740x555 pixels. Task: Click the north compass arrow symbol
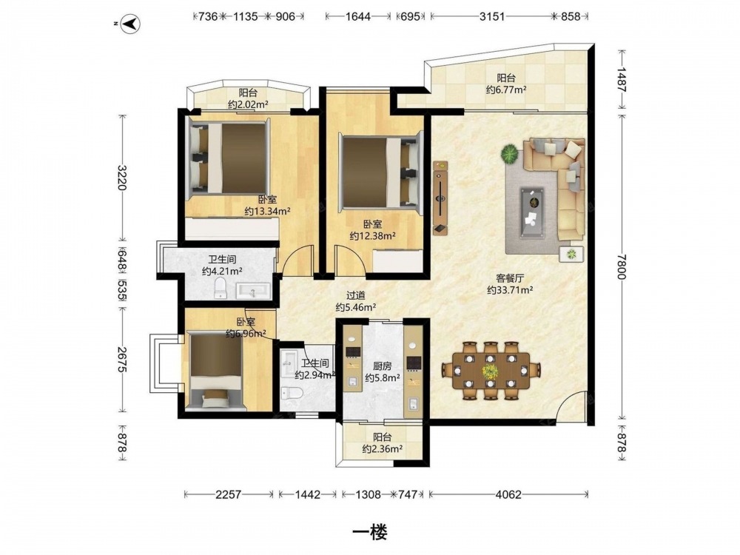pyautogui.click(x=129, y=24)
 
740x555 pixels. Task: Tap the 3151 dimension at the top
pyautogui.click(x=492, y=16)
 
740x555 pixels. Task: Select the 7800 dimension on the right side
pyautogui.click(x=622, y=266)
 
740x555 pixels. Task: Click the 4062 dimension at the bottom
pyautogui.click(x=508, y=494)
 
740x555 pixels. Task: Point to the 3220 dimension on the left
pyautogui.click(x=122, y=178)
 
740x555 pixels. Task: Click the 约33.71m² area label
pyautogui.click(x=510, y=290)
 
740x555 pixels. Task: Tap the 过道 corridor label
pyautogui.click(x=356, y=296)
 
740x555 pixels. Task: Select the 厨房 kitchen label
pyautogui.click(x=383, y=366)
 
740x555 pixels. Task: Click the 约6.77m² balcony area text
pyautogui.click(x=506, y=90)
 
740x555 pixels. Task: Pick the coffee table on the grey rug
pyautogui.click(x=531, y=212)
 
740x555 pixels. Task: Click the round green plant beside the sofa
pyautogui.click(x=510, y=154)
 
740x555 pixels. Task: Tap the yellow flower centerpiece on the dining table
pyautogui.click(x=491, y=371)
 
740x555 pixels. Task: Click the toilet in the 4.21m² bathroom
pyautogui.click(x=221, y=288)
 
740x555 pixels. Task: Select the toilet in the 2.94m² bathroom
pyautogui.click(x=291, y=393)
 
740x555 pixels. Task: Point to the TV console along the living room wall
pyautogui.click(x=440, y=198)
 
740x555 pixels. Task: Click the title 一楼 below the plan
pyautogui.click(x=370, y=532)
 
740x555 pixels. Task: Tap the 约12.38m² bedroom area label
pyautogui.click(x=373, y=235)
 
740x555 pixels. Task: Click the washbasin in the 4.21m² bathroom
pyautogui.click(x=253, y=290)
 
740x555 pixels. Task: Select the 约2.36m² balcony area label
pyautogui.click(x=383, y=449)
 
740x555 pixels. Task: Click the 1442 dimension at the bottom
pyautogui.click(x=307, y=494)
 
